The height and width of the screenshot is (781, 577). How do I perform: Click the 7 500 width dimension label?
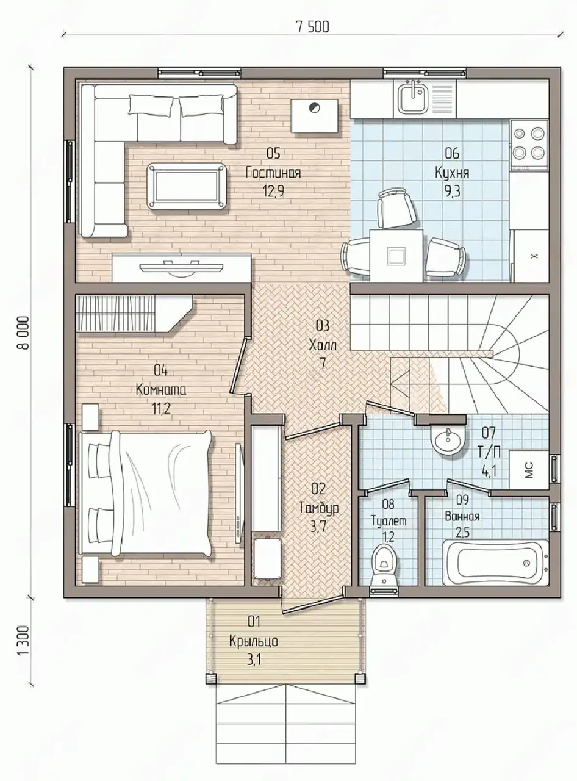(313, 27)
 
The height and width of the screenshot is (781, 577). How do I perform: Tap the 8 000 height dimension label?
(24, 333)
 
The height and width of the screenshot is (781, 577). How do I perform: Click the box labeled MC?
(529, 470)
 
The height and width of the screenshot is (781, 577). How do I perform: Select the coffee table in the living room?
(187, 186)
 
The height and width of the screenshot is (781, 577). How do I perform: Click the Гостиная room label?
(273, 174)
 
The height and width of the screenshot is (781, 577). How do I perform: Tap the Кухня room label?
(453, 173)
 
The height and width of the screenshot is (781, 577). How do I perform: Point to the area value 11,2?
(161, 409)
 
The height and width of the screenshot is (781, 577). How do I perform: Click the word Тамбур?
(318, 508)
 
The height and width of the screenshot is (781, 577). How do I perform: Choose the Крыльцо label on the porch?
(254, 641)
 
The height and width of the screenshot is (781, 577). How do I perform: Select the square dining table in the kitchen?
(396, 255)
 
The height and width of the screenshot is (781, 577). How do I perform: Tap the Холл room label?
(323, 345)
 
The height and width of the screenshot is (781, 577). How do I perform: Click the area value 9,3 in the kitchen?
(453, 192)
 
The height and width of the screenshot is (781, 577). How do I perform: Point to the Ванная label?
(462, 517)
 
